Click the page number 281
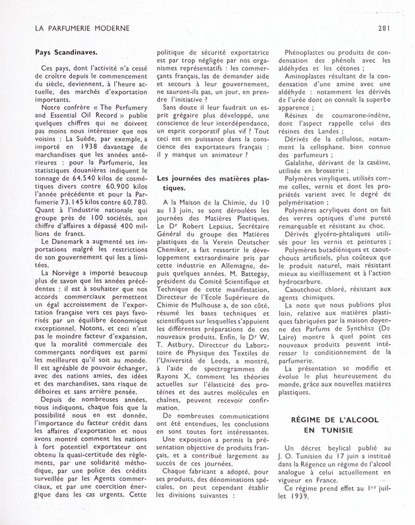coord(384,28)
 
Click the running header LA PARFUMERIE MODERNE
coord(81,28)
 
